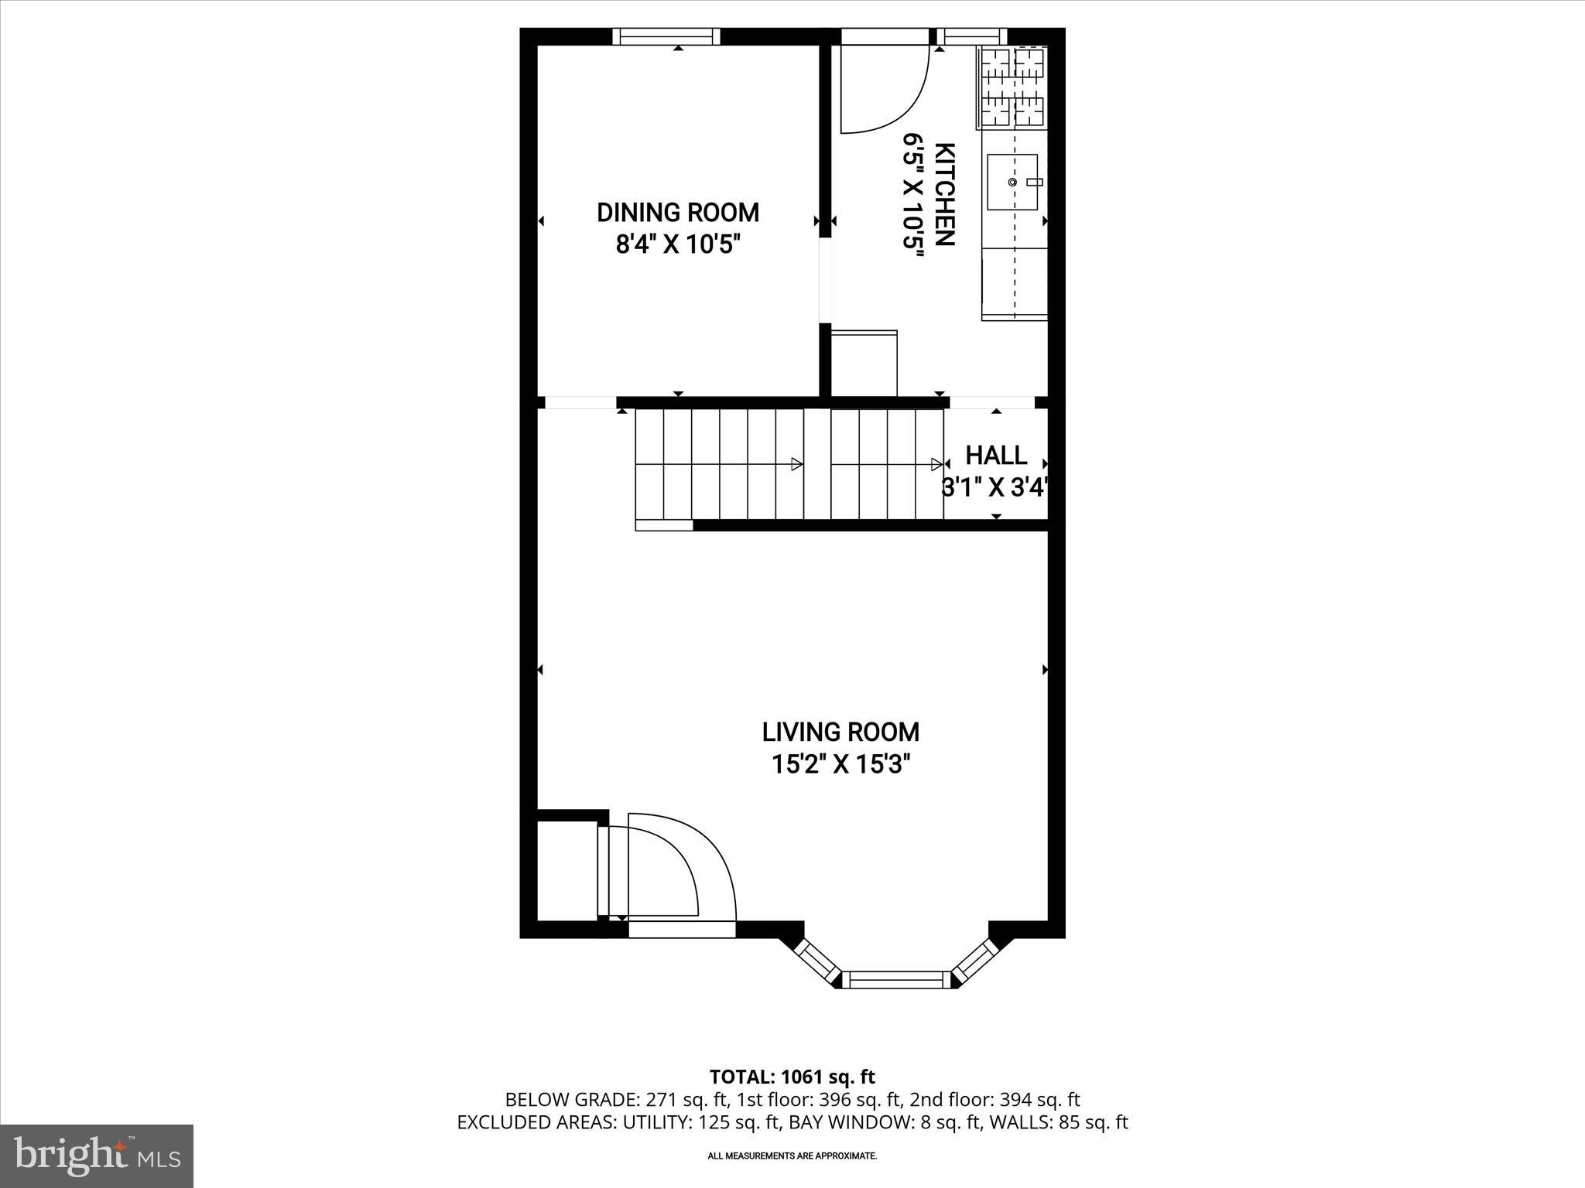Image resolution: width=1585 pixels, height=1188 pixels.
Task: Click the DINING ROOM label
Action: pos(678,212)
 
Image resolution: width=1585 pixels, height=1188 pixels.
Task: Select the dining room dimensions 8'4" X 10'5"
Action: pos(678,245)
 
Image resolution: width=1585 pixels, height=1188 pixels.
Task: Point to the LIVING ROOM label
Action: pos(840,732)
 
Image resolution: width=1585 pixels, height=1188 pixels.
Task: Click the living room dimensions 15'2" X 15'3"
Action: pos(840,765)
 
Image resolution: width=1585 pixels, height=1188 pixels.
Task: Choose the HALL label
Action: pos(996,455)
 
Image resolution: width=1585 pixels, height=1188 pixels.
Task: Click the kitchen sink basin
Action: pos(1012,182)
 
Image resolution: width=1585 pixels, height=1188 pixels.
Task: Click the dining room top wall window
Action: pos(666,36)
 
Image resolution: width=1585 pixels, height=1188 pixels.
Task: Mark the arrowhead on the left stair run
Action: pos(796,464)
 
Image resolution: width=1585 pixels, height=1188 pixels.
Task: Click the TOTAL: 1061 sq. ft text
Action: pos(792,1077)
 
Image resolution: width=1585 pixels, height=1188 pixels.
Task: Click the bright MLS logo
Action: pos(97,1156)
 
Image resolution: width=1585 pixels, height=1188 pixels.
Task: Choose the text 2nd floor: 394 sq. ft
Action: pos(994,1100)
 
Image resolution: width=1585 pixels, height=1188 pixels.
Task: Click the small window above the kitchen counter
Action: pos(972,36)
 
